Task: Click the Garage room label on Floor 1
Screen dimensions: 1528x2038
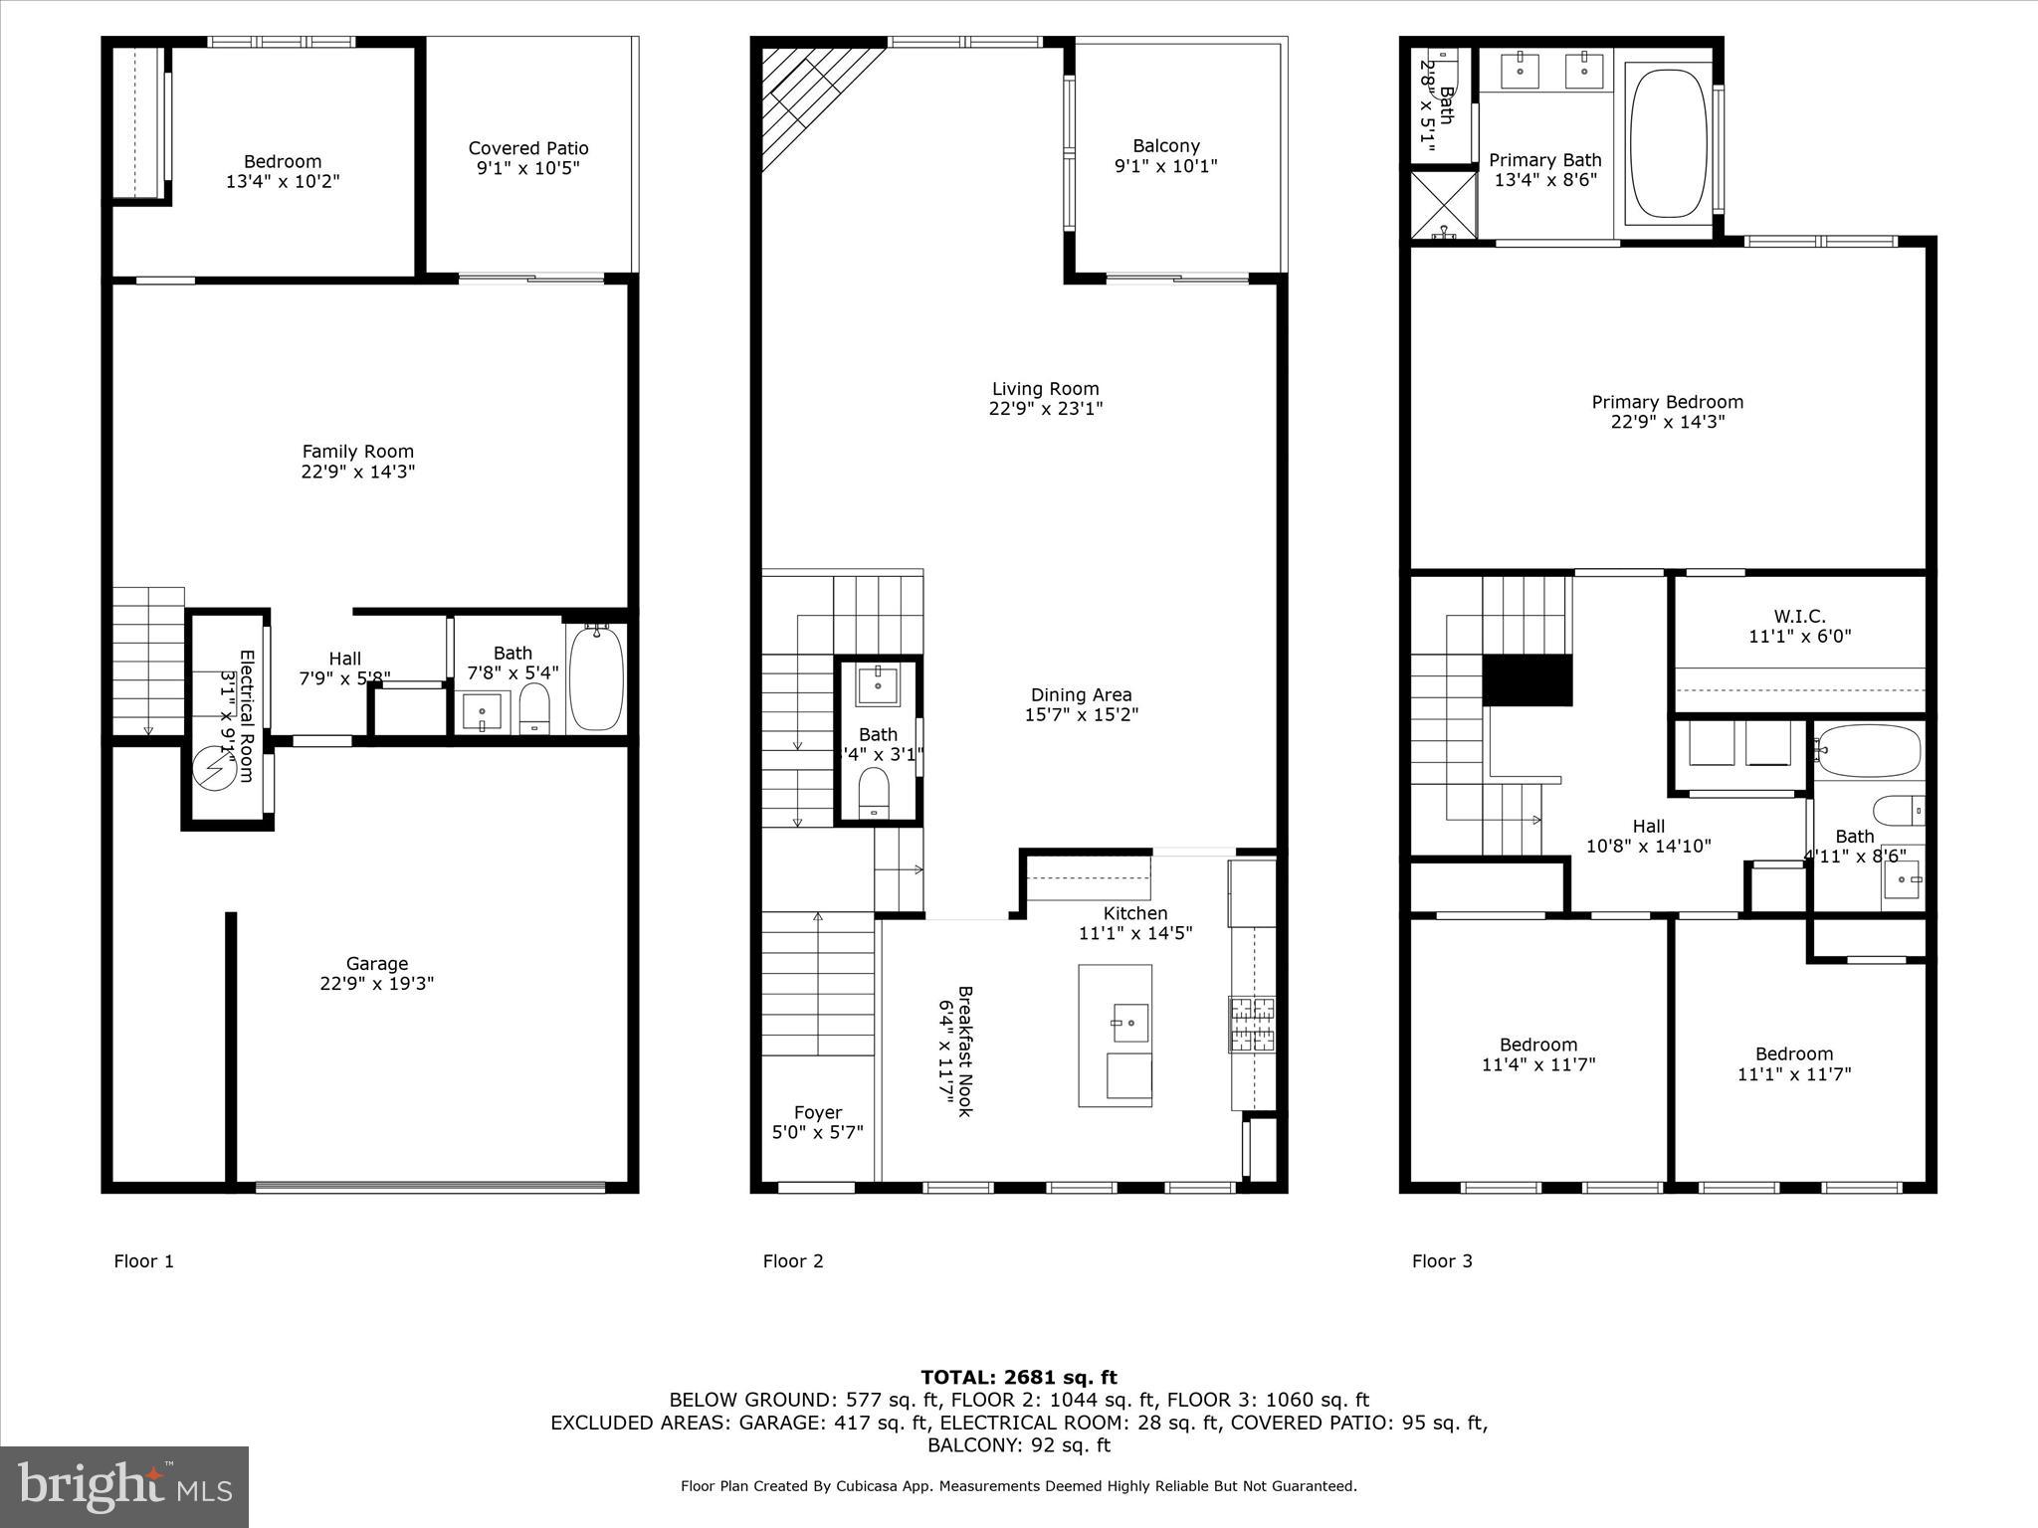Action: pos(376,963)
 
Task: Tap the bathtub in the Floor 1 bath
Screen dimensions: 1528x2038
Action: pos(596,676)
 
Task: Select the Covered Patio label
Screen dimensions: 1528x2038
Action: pos(528,148)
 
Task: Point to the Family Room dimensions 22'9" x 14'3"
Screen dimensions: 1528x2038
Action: pos(358,472)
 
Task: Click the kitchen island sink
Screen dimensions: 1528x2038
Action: pos(1129,1022)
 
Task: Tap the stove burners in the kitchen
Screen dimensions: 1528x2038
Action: pos(1252,1024)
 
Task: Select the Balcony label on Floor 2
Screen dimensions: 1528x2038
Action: pos(1166,146)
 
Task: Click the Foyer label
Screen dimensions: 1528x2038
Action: pos(818,1112)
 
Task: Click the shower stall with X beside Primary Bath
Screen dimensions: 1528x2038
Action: pos(1444,205)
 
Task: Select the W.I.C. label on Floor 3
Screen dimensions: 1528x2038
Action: pos(1799,616)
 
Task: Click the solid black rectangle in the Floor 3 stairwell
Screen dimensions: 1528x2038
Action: pos(1528,680)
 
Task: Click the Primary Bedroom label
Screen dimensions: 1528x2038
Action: pos(1668,402)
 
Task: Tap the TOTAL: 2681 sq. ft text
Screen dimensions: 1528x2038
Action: pos(1019,1377)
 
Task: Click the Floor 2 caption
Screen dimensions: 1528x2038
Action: pos(793,1261)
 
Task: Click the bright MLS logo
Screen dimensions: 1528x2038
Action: pos(124,1486)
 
